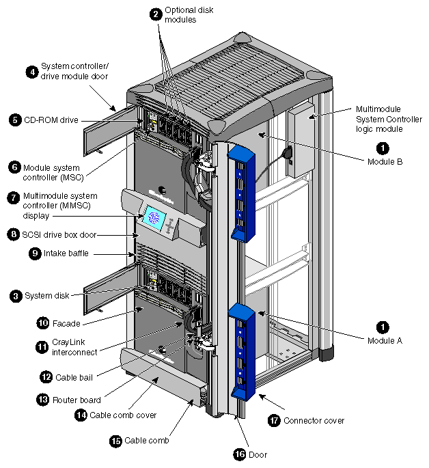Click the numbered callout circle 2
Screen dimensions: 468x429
point(156,14)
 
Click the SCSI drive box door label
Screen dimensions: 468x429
point(61,234)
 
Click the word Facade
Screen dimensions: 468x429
point(66,322)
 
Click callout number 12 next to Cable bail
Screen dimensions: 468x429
point(46,376)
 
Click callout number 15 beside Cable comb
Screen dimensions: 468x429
point(115,441)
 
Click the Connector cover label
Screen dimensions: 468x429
point(314,421)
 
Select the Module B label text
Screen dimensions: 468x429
point(385,161)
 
